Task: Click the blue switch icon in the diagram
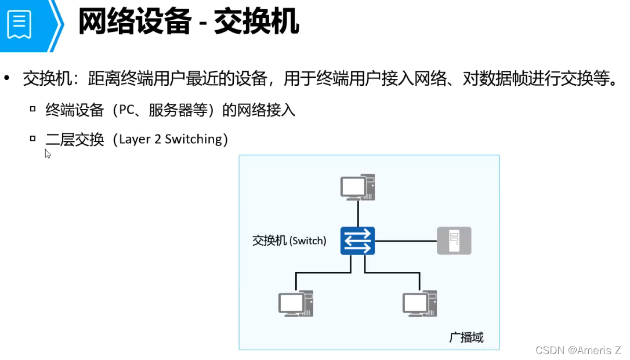coord(357,241)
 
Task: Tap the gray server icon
coord(454,241)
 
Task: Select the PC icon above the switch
coord(357,187)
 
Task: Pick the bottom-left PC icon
coord(295,303)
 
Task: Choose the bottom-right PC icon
coord(419,303)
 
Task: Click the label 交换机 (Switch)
coord(289,241)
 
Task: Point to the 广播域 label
coord(466,337)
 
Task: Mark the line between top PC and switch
coord(358,213)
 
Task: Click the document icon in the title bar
coord(19,24)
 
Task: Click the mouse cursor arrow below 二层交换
coord(48,154)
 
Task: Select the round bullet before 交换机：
coord(8,78)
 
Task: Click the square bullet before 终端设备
coord(33,108)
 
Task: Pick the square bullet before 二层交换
coord(33,139)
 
